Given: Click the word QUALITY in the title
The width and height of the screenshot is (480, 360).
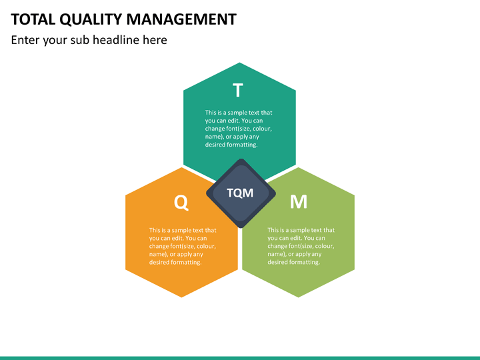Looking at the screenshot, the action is pyautogui.click(x=91, y=20).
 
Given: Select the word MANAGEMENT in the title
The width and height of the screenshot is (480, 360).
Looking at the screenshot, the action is pyautogui.click(x=181, y=19).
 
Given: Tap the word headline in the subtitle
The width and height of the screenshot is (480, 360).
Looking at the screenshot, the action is pyautogui.click(x=116, y=40).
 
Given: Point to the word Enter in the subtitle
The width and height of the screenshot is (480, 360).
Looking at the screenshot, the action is pyautogui.click(x=25, y=40).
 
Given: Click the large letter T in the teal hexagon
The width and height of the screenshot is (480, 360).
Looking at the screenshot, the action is pyautogui.click(x=238, y=90).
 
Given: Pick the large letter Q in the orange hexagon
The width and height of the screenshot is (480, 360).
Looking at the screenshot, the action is pyautogui.click(x=181, y=202).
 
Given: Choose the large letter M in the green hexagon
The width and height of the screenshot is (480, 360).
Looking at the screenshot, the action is pyautogui.click(x=299, y=201).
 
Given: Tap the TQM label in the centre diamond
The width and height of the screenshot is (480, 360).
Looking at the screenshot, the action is pyautogui.click(x=240, y=193).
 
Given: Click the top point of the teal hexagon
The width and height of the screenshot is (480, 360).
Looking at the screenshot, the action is pyautogui.click(x=239, y=63).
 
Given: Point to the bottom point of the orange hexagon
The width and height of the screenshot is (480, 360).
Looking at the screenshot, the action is pyautogui.click(x=181, y=297).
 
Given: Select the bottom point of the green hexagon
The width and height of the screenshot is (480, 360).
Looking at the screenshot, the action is pyautogui.click(x=298, y=297).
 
